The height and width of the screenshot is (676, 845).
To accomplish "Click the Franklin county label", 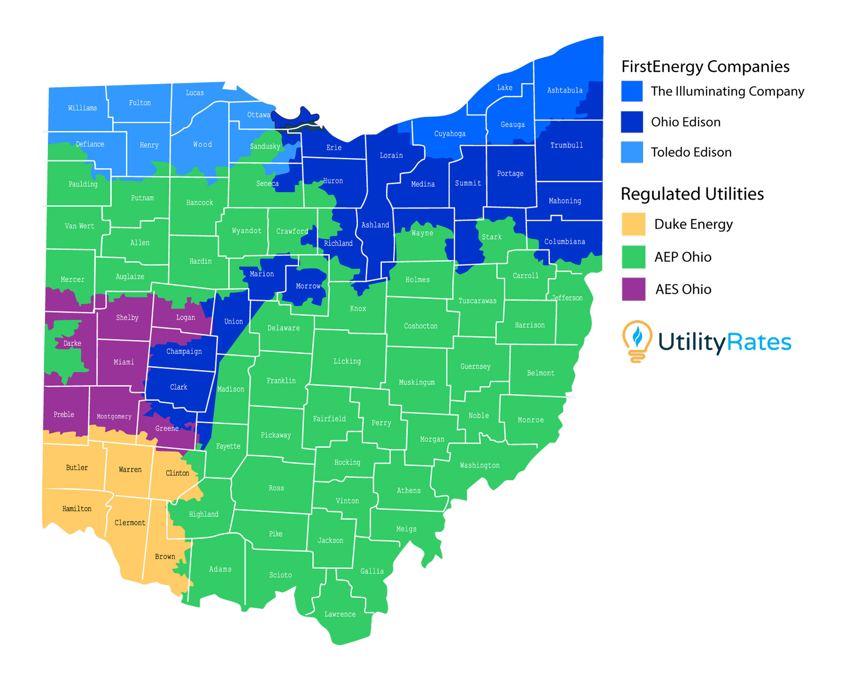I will pos(281,381).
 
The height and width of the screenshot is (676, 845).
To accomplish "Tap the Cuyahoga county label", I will pos(450,134).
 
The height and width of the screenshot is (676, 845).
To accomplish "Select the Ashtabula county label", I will pos(565,90).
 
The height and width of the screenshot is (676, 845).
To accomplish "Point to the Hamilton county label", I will pos(77,509).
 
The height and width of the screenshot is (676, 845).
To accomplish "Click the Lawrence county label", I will pos(340,614).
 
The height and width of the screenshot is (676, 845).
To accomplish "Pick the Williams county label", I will pos(83,108).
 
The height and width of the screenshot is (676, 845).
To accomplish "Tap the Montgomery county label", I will pos(114,416).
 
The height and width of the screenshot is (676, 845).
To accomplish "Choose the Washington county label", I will pos(480,465).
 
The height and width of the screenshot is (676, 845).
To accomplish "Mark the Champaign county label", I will pos(184,351).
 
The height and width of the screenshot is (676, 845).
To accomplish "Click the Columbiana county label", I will pos(565,241).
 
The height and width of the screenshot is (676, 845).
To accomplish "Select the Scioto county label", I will pos(280,575).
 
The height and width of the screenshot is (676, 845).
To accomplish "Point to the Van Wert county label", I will pos(79,226).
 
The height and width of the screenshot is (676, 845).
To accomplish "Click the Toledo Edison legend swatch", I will pos(632,152).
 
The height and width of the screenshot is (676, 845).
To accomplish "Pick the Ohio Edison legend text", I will pos(685,122).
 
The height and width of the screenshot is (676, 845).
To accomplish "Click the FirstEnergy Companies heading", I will pos(705,67).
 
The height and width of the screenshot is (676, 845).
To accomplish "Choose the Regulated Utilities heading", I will pos(692,194).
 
